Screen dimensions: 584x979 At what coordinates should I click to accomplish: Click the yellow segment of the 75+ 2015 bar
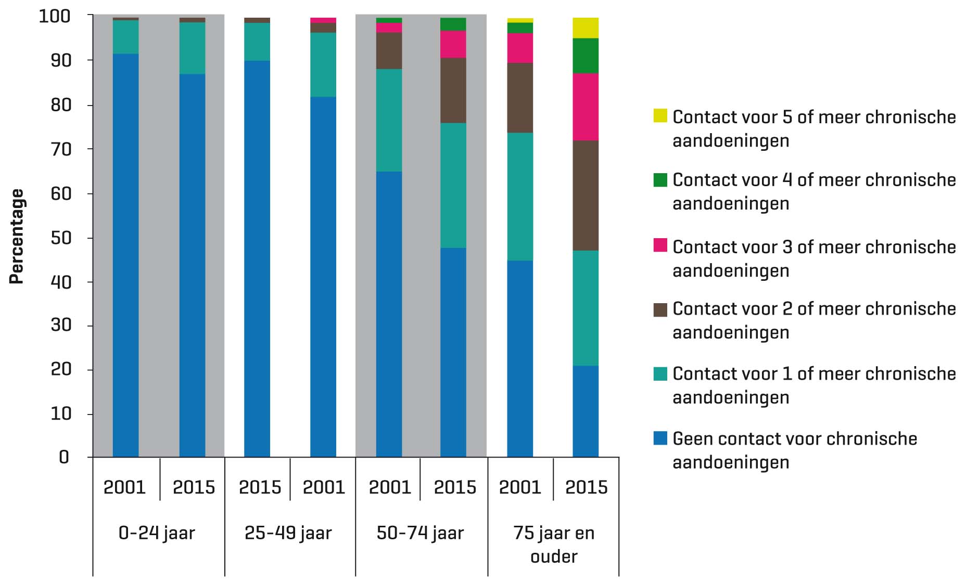pos(586,28)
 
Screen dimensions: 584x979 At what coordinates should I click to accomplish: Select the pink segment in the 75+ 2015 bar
pos(586,107)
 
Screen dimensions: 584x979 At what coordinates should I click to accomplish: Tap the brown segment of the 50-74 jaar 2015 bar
pos(453,90)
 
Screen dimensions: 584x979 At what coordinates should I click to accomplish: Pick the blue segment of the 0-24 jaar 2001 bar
pos(125,255)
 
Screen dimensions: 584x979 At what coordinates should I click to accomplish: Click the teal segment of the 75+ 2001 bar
pos(520,197)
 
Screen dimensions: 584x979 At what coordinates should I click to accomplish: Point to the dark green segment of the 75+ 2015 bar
pos(586,56)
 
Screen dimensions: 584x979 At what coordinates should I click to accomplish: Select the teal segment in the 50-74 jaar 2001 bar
pos(389,120)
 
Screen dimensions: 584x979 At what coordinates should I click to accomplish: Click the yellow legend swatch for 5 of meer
pos(660,115)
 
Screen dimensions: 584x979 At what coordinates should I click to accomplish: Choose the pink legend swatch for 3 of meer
pos(660,245)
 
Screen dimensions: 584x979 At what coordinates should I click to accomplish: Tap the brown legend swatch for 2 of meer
pos(660,310)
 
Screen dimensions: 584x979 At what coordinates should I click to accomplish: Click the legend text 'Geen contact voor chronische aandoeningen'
pos(794,450)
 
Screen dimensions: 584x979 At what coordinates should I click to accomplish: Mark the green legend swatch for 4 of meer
pos(660,180)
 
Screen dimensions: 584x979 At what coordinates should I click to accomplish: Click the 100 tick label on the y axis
pos(54,17)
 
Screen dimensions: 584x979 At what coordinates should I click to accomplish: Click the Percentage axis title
pos(17,237)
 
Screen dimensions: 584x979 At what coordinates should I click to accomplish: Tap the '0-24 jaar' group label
pos(157,533)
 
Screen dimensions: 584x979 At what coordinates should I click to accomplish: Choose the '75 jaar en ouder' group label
pos(554,544)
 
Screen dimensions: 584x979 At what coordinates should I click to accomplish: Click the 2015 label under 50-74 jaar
pos(455,487)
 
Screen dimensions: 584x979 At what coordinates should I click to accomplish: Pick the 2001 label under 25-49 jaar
pos(324,487)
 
